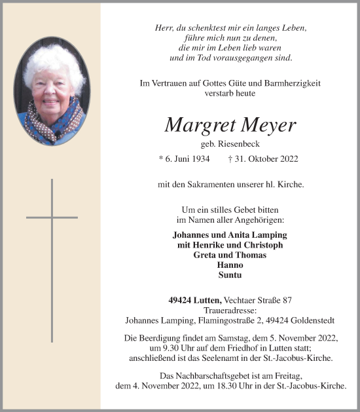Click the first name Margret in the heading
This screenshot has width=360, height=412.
pos(196,124)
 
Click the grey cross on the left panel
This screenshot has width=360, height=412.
pos(52,217)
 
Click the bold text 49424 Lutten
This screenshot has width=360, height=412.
pos(195,300)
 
